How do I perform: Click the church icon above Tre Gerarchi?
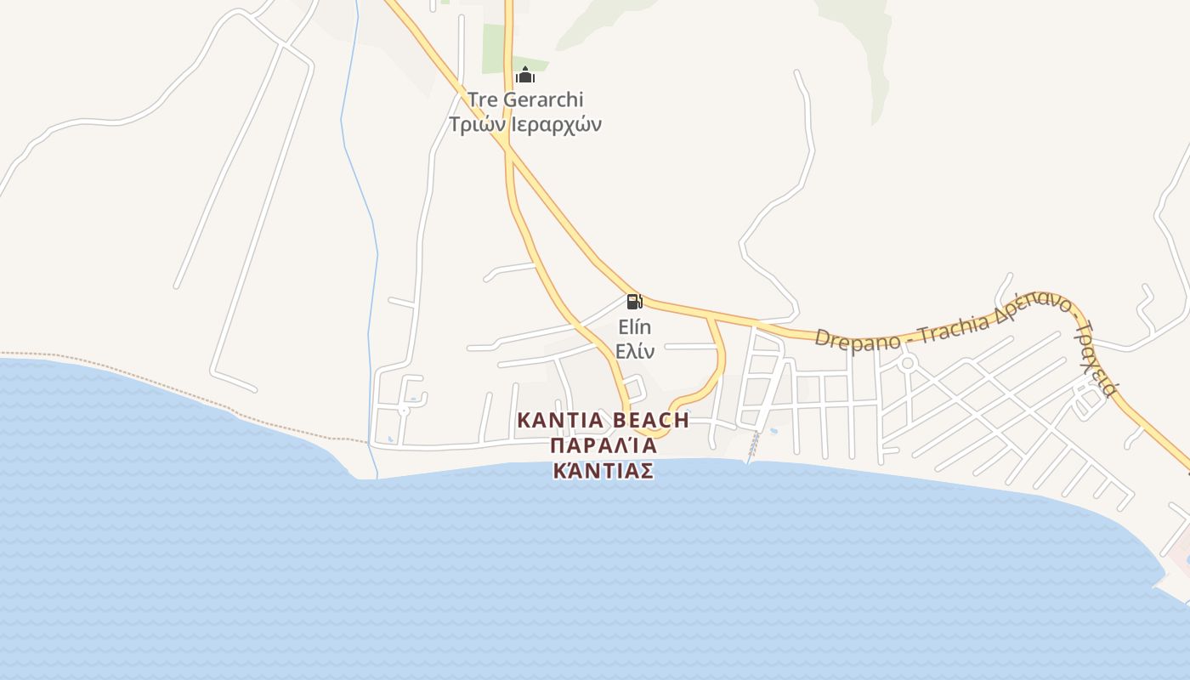point(525,76)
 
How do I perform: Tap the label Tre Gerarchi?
point(525,99)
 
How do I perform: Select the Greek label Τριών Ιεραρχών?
point(525,124)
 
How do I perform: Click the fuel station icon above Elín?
point(634,301)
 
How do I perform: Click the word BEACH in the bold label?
point(651,420)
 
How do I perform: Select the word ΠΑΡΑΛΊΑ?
point(603,445)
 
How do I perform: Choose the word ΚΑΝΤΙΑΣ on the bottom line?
point(603,471)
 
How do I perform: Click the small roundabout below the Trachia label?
point(908,364)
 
